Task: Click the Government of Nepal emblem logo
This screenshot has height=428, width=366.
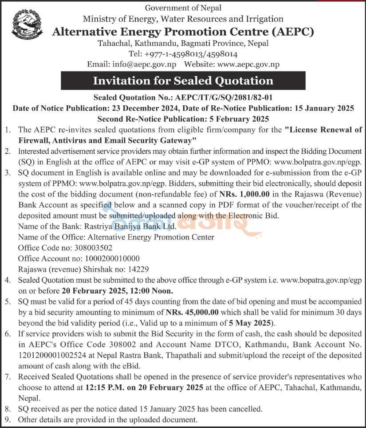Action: (x=28, y=24)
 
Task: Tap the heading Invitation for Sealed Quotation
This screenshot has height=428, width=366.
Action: (x=183, y=80)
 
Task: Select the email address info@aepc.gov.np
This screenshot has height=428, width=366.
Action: (x=144, y=64)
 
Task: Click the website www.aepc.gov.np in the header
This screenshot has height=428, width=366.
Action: (x=248, y=64)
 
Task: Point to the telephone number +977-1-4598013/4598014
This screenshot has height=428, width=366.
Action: (x=191, y=54)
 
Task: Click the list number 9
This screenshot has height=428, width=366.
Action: (x=8, y=419)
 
